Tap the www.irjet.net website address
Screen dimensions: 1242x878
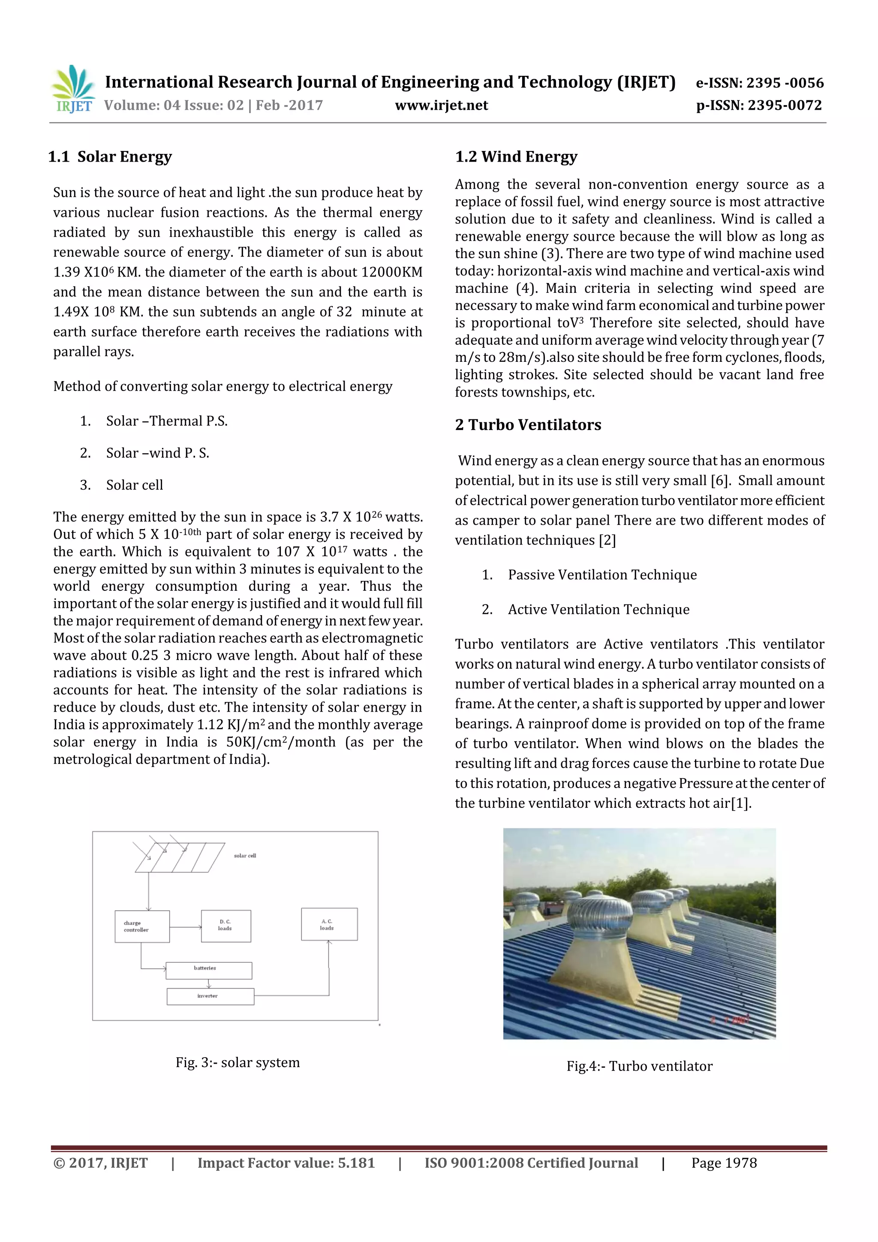click(x=442, y=105)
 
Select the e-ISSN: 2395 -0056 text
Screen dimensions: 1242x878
click(x=760, y=83)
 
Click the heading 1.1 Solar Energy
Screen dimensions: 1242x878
click(x=110, y=157)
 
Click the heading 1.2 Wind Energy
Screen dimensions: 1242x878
click(x=516, y=157)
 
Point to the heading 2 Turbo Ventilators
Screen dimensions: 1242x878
click(x=528, y=424)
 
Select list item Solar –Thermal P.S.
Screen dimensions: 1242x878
click(x=167, y=421)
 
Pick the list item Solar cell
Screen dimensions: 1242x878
click(x=134, y=485)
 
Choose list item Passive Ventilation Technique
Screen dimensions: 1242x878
click(x=602, y=574)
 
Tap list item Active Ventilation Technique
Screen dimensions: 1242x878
click(x=598, y=609)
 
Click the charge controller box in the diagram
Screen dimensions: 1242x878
click(x=142, y=926)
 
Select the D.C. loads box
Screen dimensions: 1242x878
click(x=226, y=926)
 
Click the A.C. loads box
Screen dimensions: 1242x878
click(x=329, y=924)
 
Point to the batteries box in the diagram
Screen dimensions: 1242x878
click(x=208, y=971)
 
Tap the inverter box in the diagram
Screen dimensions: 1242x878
click(x=210, y=996)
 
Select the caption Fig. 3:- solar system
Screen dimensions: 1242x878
click(x=238, y=1062)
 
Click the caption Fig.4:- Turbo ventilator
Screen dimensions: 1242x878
click(x=640, y=1066)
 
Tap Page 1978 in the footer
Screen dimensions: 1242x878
click(x=724, y=1163)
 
